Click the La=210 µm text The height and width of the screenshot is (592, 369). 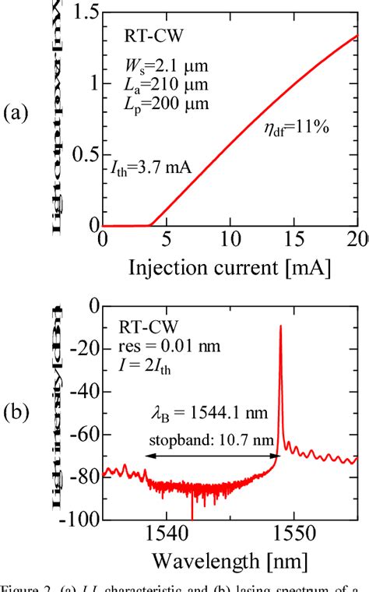165,83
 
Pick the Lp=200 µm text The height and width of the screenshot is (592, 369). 165,104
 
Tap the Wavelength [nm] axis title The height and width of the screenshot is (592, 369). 230,561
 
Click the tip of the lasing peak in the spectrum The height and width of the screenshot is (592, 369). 280,326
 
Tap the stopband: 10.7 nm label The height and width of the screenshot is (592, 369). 195,439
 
